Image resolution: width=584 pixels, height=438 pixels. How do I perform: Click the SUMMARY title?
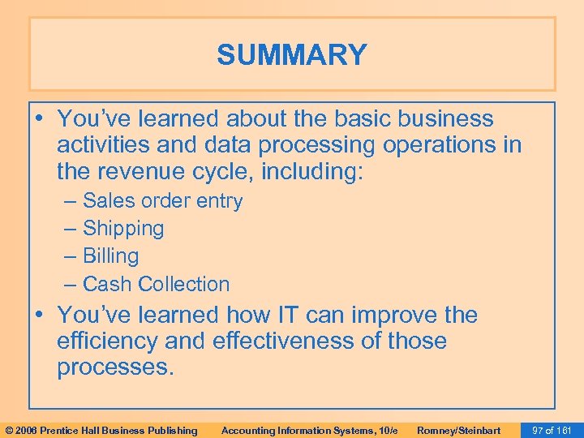pyautogui.click(x=292, y=55)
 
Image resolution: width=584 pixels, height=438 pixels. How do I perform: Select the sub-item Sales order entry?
pyautogui.click(x=162, y=201)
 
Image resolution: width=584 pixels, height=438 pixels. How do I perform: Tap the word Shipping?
pyautogui.click(x=123, y=229)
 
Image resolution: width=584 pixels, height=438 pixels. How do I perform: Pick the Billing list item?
pyautogui.click(x=111, y=256)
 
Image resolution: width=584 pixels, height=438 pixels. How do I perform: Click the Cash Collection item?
pyautogui.click(x=156, y=284)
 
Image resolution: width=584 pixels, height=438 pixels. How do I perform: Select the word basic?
pyautogui.click(x=363, y=118)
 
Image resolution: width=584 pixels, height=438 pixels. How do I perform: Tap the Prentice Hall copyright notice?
pyautogui.click(x=101, y=430)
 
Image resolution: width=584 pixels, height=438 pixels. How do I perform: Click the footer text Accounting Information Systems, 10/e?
pyautogui.click(x=309, y=430)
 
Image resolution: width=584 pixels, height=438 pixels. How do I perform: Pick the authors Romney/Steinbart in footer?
pyautogui.click(x=458, y=430)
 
